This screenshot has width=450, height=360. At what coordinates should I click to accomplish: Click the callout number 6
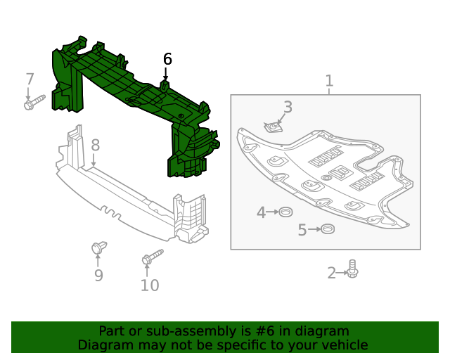167,59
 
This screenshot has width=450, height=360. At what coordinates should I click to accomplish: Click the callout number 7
30,79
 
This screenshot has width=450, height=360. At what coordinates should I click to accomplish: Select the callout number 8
95,146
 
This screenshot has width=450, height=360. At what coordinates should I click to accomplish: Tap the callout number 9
98,276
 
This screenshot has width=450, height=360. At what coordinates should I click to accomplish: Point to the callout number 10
150,285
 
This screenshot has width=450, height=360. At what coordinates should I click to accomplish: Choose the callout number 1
329,82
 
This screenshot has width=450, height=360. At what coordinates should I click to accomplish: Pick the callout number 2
332,273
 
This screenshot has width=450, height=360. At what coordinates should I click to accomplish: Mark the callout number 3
288,107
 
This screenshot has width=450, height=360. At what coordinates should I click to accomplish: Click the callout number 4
261,212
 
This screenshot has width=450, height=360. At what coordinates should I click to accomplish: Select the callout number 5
302,230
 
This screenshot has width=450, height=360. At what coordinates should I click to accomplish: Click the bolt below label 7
34,103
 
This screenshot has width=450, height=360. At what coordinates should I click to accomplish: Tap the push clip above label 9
98,248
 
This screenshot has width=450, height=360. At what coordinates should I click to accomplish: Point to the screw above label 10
151,257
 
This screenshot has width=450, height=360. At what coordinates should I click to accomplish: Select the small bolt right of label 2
352,269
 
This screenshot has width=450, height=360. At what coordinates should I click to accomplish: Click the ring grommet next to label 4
285,212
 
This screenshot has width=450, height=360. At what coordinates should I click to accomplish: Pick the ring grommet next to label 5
326,229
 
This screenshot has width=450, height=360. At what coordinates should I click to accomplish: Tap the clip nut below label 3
274,127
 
